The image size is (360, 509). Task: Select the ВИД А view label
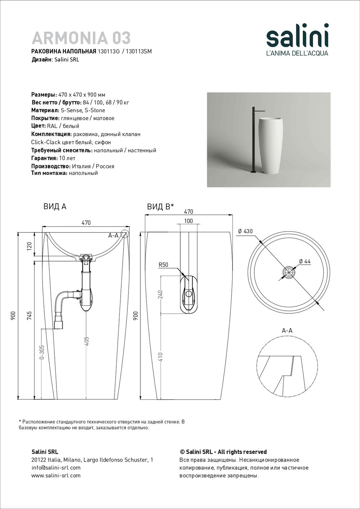pyautogui.click(x=55, y=206)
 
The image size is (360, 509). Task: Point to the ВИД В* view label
pyautogui.click(x=160, y=206)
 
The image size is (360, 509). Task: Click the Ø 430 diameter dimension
pyautogui.click(x=245, y=231)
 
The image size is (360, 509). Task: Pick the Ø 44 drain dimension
pyautogui.click(x=305, y=262)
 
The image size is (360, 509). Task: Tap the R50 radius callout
pyautogui.click(x=163, y=265)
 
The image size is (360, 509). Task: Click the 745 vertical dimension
pyautogui.click(x=30, y=315)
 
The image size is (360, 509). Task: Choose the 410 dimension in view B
pyautogui.click(x=161, y=357)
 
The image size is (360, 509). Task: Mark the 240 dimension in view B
pyautogui.click(x=161, y=294)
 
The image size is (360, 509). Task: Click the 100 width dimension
pyautogui.click(x=188, y=221)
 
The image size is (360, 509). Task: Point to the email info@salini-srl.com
pyautogui.click(x=56, y=468)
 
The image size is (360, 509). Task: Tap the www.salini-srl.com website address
pyautogui.click(x=56, y=476)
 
